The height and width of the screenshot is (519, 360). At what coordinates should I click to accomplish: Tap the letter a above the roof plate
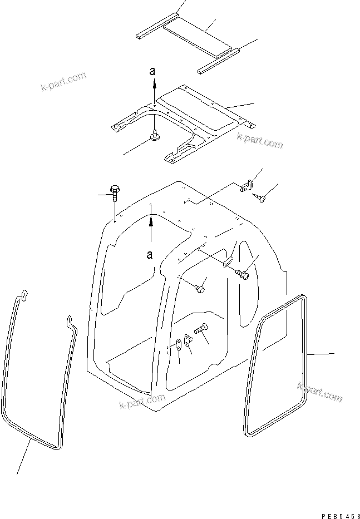click(x=154, y=72)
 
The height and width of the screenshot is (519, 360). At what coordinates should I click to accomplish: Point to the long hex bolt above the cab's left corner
click(x=115, y=194)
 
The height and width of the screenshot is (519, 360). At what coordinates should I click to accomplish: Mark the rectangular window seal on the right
click(x=277, y=364)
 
